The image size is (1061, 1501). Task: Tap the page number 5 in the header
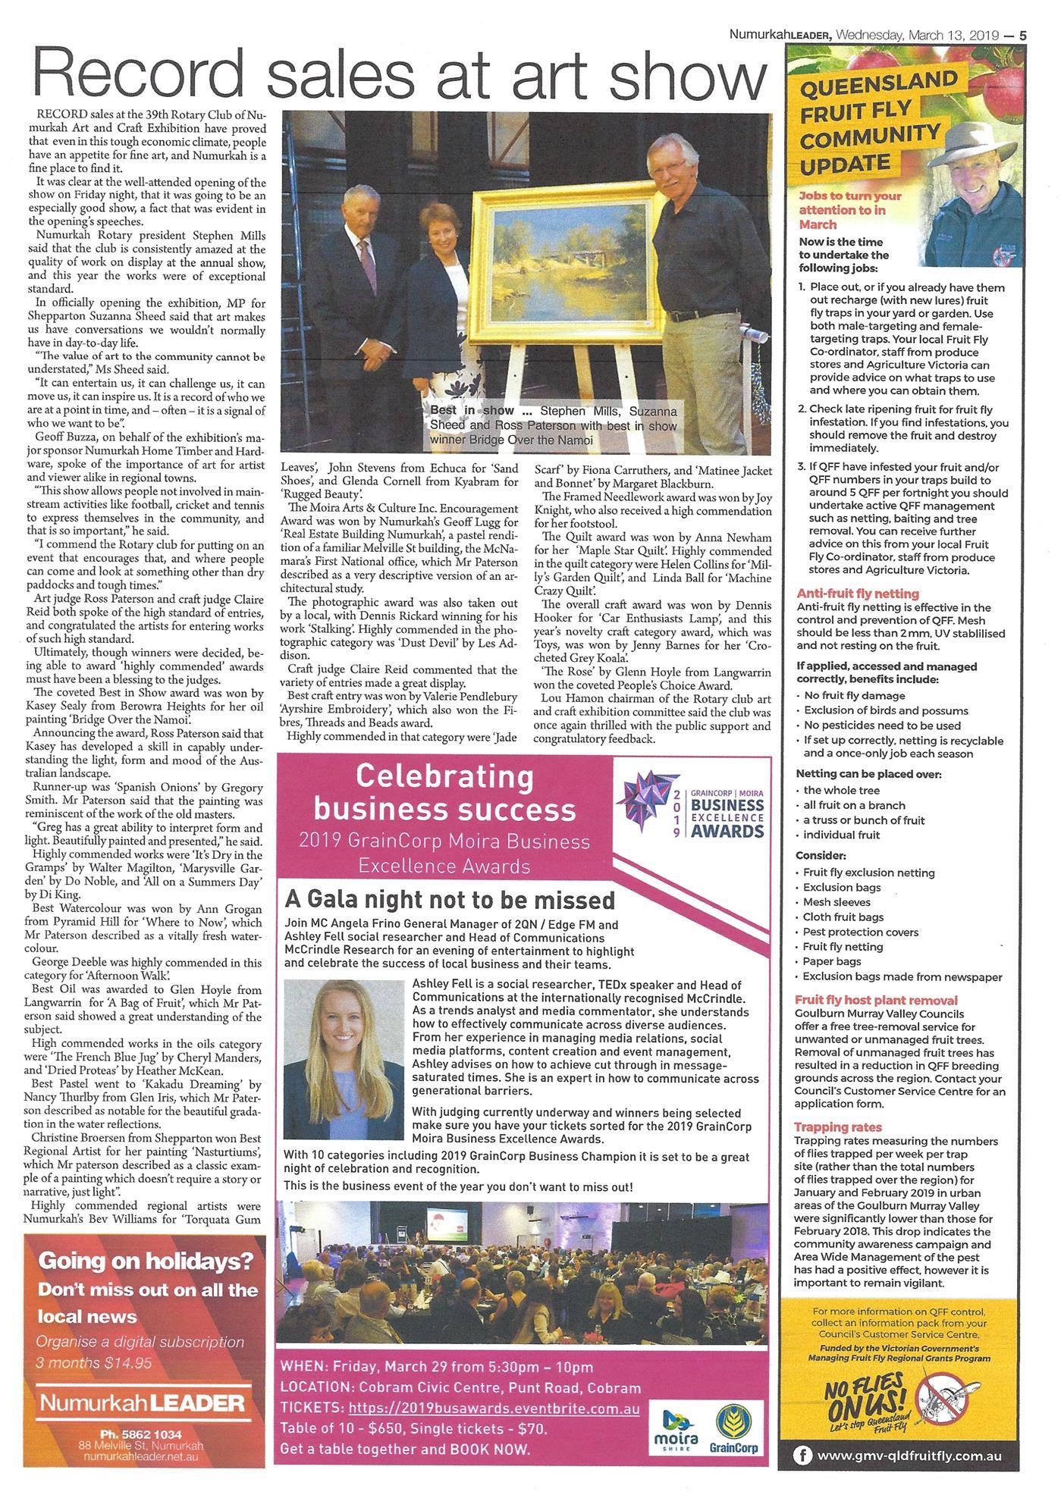1023,35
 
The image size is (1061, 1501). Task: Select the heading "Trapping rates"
837,1127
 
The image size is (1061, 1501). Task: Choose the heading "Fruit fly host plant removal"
876,1000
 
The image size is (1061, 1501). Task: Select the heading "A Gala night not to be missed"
450,900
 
